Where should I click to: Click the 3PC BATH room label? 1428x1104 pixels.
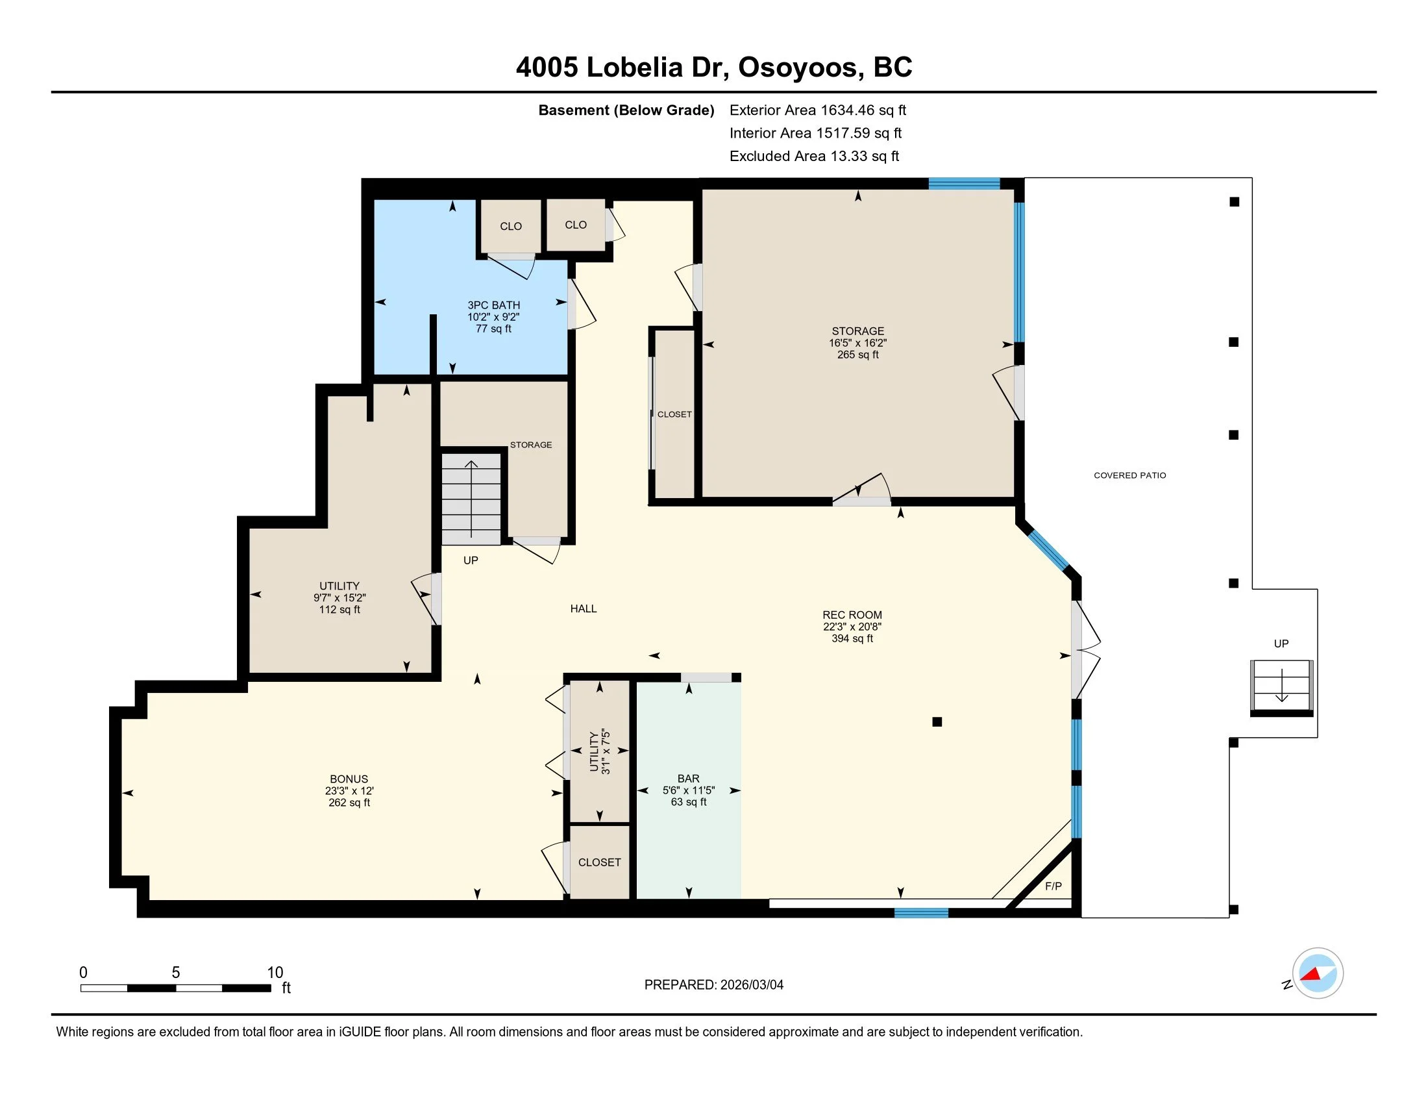494,305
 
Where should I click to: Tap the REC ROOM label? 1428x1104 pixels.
852,615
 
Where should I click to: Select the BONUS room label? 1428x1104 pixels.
349,779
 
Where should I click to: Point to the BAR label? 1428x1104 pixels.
689,778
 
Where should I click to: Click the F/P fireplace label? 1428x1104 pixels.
1053,886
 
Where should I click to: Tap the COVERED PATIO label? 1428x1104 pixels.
1130,475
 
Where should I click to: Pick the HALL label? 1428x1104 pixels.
584,609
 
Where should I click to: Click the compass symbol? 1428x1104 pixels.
1317,973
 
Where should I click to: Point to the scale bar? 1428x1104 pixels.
176,988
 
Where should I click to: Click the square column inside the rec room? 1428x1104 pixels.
937,722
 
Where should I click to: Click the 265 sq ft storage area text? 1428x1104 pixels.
858,355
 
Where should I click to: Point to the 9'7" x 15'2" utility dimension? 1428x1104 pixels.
339,597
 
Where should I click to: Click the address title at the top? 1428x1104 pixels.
714,68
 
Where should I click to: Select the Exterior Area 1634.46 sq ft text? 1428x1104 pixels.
818,110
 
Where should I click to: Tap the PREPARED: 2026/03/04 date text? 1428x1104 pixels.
714,985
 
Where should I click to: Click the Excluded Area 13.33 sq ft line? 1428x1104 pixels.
814,157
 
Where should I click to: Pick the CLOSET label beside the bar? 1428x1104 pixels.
600,862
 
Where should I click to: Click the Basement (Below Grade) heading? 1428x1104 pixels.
626,110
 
